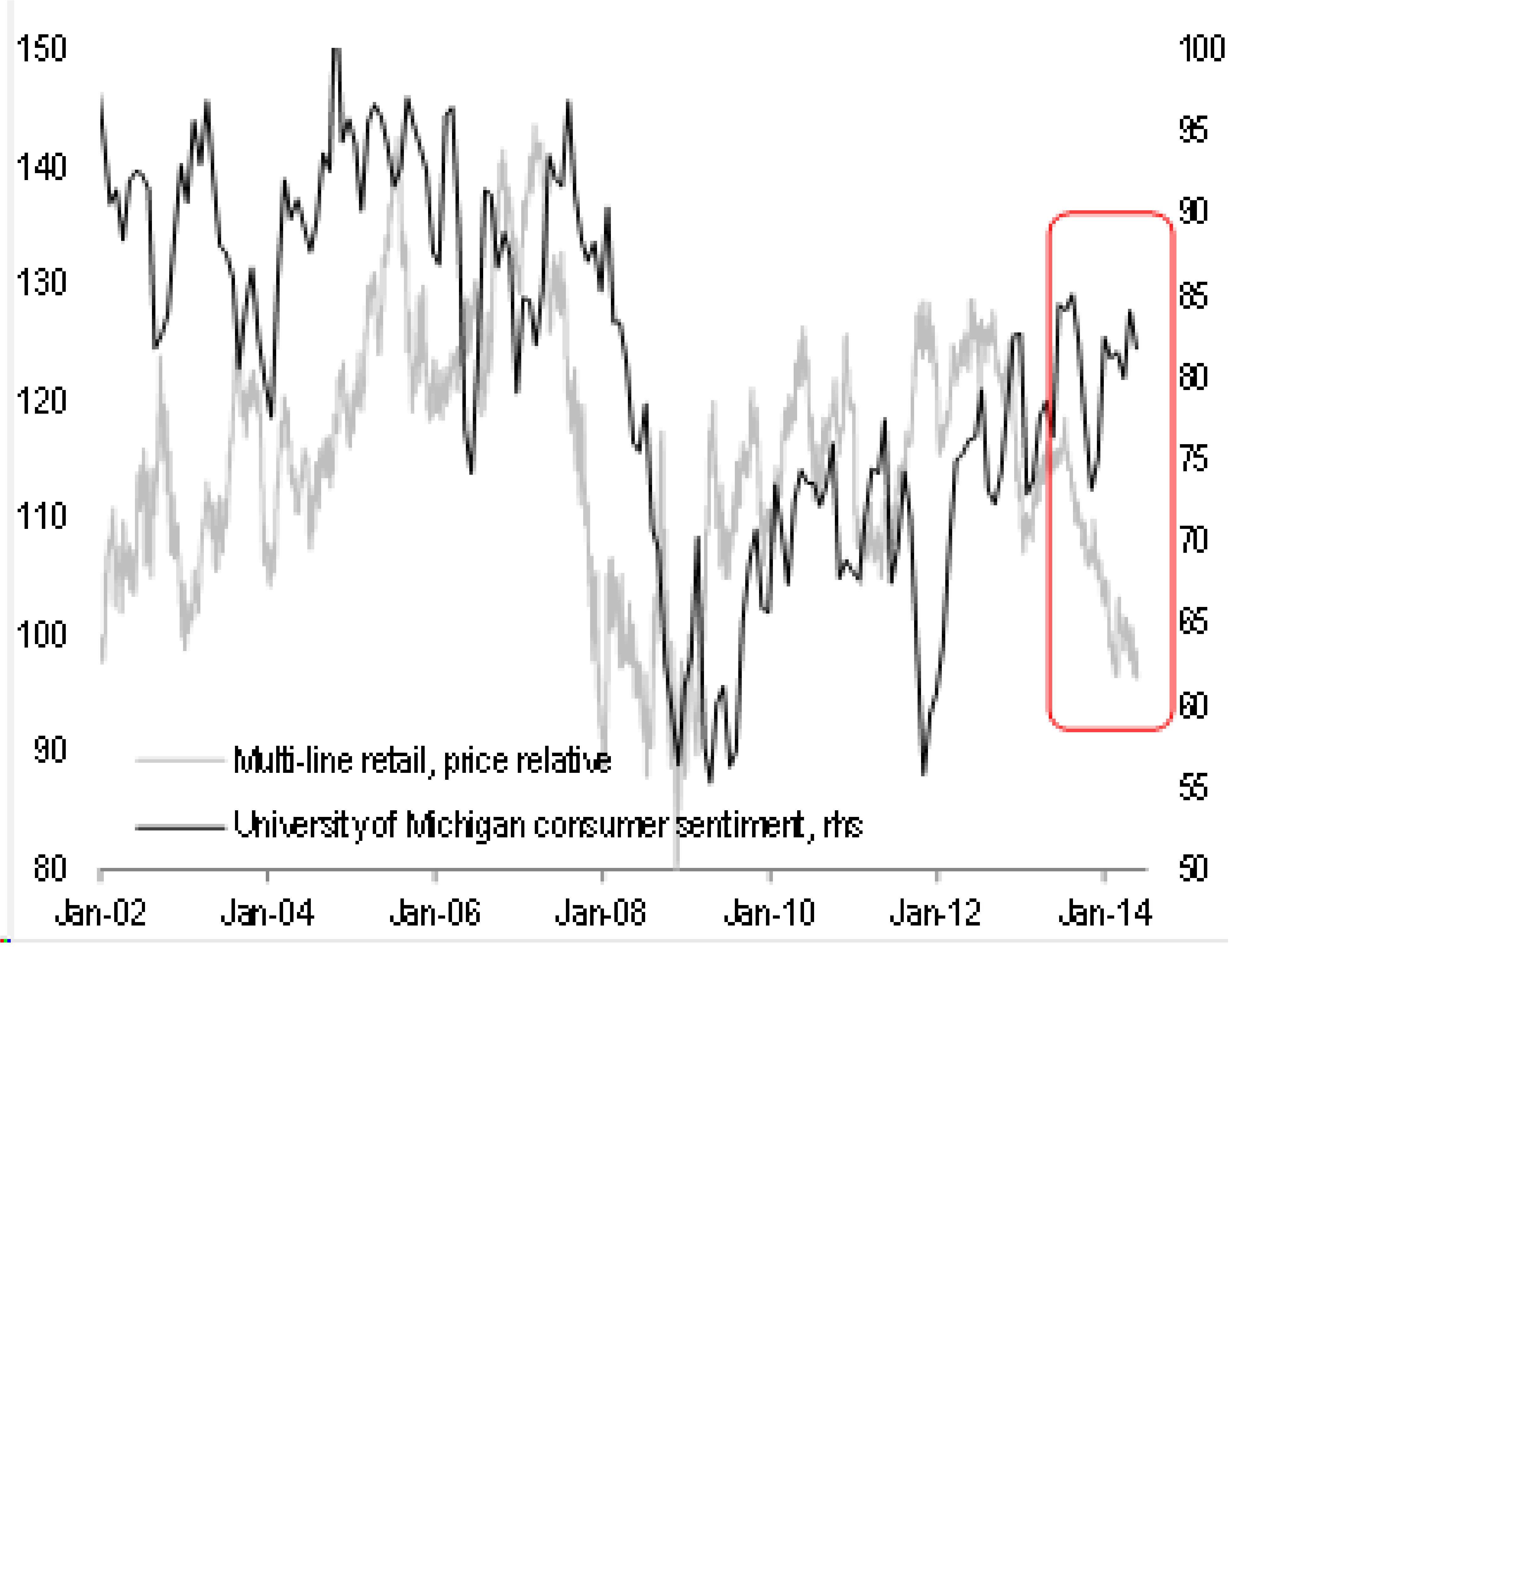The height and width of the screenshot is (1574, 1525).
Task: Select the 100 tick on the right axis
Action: coord(1202,49)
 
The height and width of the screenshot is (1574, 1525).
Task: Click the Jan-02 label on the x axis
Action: coord(100,913)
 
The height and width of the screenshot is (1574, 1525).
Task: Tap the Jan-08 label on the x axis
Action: coord(601,913)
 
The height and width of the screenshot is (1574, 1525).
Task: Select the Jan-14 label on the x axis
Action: coord(1105,913)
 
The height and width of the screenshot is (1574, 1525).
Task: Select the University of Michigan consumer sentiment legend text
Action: coord(547,825)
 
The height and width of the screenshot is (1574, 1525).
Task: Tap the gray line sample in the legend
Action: coord(180,760)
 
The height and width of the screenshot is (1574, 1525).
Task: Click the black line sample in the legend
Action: coord(180,826)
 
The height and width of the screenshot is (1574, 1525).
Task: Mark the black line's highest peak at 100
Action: coord(336,50)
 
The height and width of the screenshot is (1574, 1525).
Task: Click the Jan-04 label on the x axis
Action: coord(267,913)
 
